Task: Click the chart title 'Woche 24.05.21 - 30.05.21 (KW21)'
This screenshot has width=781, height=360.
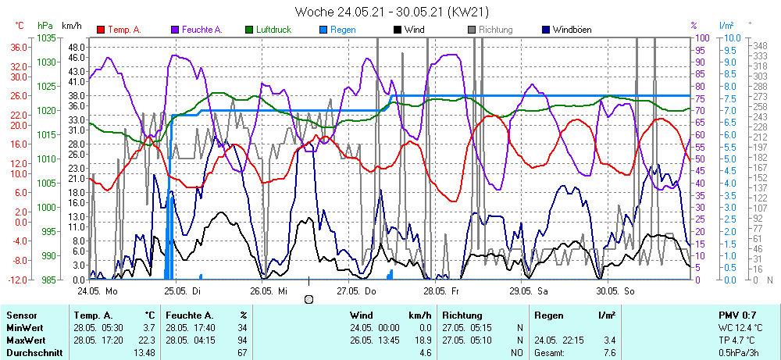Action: click(x=391, y=12)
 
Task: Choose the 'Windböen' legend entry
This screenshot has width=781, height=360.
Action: click(x=572, y=30)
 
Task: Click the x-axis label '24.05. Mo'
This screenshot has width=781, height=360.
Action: click(x=97, y=290)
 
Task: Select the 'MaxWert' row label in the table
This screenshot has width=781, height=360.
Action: click(x=26, y=340)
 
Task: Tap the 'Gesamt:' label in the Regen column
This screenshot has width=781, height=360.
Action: click(x=551, y=353)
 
